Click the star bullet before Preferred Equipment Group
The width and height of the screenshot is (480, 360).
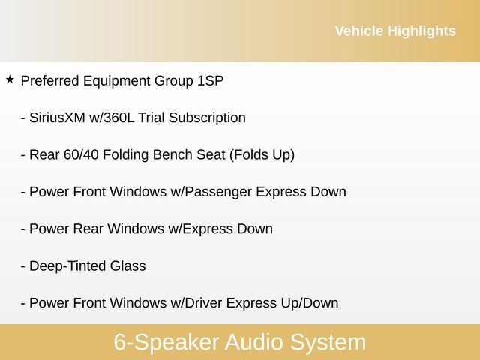click(10, 79)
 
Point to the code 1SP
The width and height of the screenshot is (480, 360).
click(209, 80)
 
